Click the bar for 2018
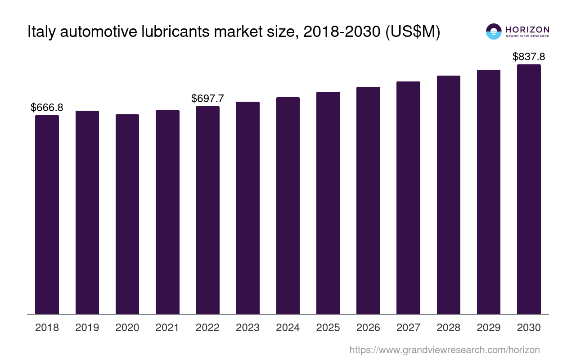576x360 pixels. click(47, 215)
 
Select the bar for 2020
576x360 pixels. click(127, 214)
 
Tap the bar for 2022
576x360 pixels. click(207, 210)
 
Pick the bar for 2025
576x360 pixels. click(328, 203)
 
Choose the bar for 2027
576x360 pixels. click(408, 198)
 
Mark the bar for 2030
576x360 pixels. click(529, 189)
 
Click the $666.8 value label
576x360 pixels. click(47, 108)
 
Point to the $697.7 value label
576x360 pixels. click(207, 99)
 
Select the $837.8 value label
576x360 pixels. click(529, 57)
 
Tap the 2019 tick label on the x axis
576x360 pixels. click(87, 328)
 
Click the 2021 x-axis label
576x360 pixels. click(167, 328)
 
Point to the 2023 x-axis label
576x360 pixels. click(247, 328)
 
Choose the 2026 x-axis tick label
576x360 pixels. click(368, 328)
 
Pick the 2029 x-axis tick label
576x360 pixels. click(489, 328)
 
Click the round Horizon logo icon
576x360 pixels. click(494, 31)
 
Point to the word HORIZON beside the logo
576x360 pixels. click(527, 29)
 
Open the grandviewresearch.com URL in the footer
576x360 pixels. click(444, 350)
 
